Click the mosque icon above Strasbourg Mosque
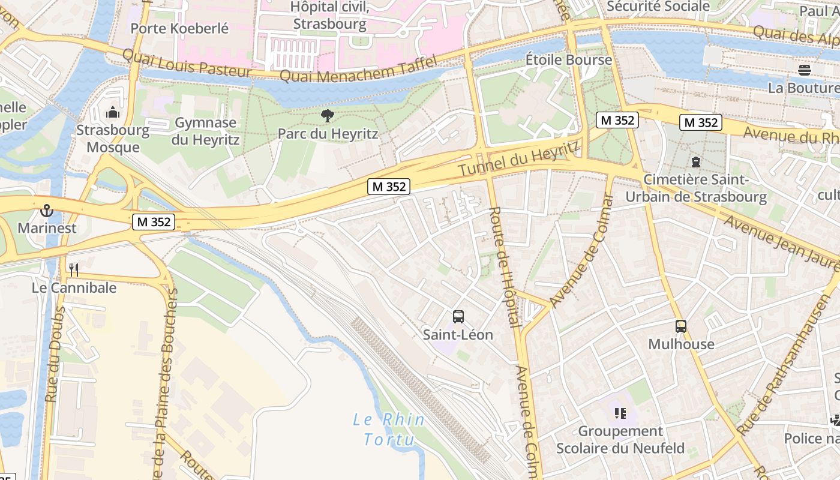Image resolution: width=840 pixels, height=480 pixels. [112, 112]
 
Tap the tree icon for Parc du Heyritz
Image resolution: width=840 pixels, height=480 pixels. [327, 116]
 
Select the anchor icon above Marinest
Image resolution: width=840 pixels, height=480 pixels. [47, 211]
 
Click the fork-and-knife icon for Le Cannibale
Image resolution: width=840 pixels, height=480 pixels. [74, 270]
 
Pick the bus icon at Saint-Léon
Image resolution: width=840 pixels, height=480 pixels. [458, 316]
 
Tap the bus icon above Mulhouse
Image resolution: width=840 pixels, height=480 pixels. [680, 326]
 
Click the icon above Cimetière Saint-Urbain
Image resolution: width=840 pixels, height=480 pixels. [695, 162]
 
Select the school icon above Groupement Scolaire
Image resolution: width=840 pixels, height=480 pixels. [620, 413]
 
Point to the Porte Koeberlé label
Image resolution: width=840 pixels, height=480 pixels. [179, 28]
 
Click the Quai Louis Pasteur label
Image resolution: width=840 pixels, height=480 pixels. [187, 63]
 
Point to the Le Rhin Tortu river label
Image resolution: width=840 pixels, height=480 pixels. [389, 429]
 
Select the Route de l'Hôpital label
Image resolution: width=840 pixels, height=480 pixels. [504, 266]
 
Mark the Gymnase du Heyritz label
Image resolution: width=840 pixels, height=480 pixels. [206, 131]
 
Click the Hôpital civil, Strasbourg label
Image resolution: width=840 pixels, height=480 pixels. [329, 16]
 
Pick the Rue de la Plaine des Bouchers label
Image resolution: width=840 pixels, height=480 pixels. [166, 384]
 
